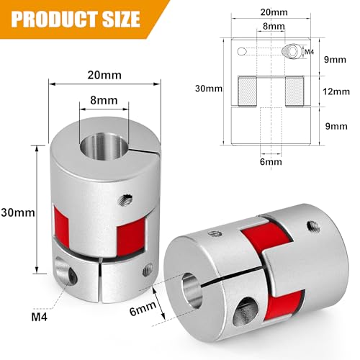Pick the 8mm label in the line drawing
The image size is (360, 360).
click(271, 27)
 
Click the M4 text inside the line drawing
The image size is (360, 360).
click(308, 53)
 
